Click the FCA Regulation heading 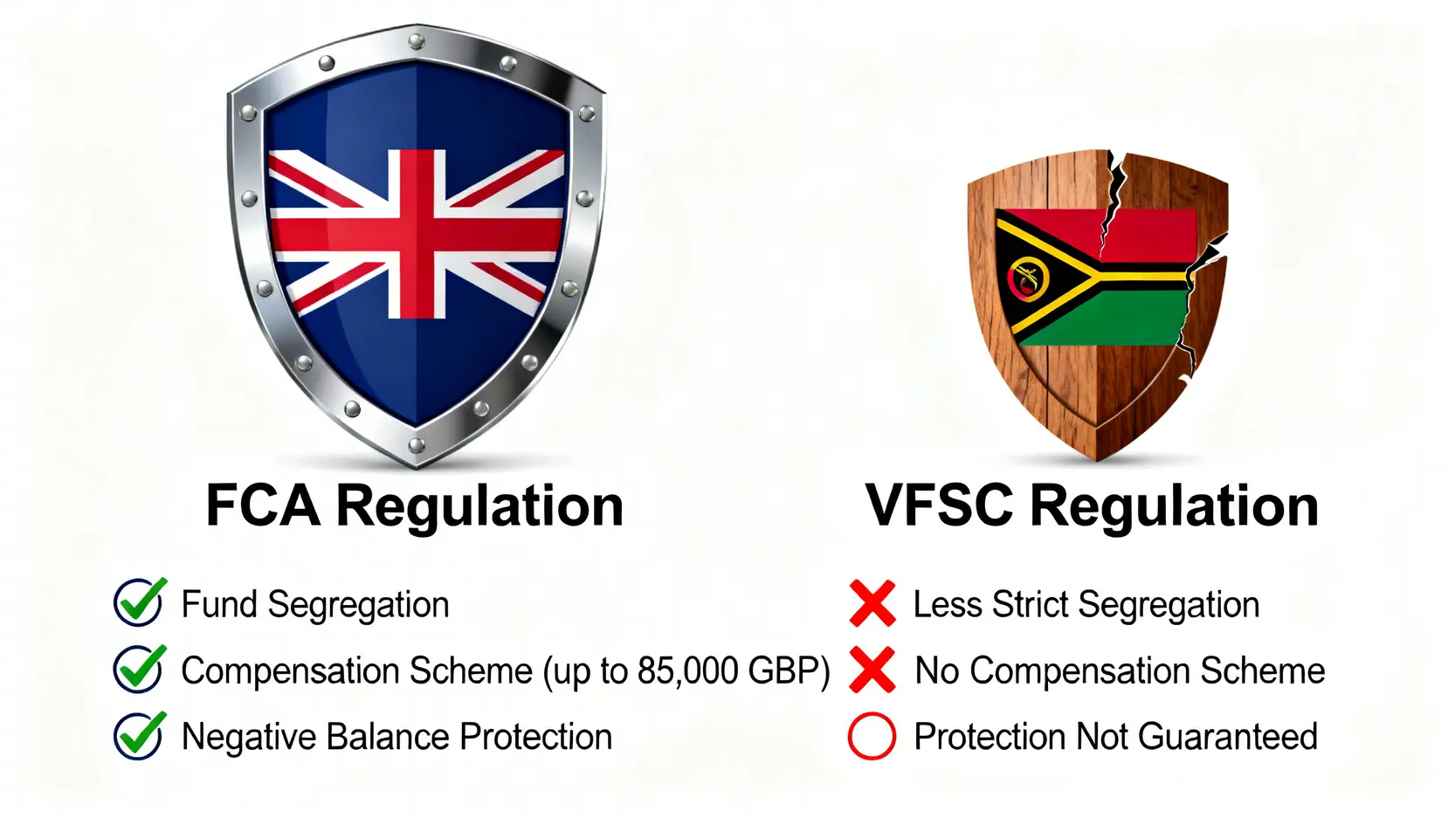pos(414,506)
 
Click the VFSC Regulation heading pos(1091,506)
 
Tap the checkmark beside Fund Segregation pos(139,602)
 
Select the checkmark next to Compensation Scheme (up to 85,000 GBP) pos(139,669)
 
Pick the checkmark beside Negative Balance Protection pos(139,735)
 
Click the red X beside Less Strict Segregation pos(872,603)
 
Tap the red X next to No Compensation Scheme pos(872,670)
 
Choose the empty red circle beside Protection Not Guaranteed pos(872,736)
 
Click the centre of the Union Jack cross pos(417,234)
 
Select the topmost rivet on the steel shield pos(417,41)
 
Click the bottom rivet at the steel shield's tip pos(417,446)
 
